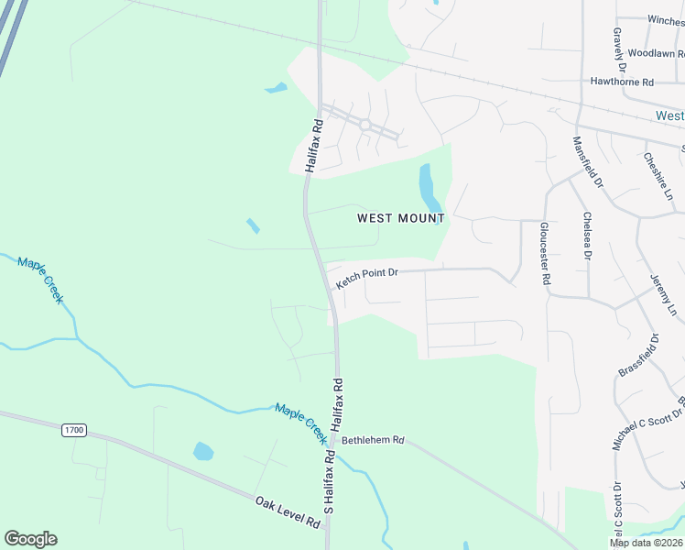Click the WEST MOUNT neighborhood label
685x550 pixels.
(400, 218)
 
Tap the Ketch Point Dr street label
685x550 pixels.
(367, 277)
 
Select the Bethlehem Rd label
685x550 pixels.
(372, 440)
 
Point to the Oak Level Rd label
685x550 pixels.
(287, 511)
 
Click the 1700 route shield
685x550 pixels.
(73, 429)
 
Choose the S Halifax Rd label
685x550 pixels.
(326, 481)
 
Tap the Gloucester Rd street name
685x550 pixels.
(546, 256)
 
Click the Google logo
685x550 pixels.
(30, 539)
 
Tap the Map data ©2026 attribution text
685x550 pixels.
(646, 543)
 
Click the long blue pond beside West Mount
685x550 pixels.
(429, 187)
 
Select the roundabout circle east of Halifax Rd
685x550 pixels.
(364, 124)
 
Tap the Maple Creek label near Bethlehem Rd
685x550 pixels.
(301, 419)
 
